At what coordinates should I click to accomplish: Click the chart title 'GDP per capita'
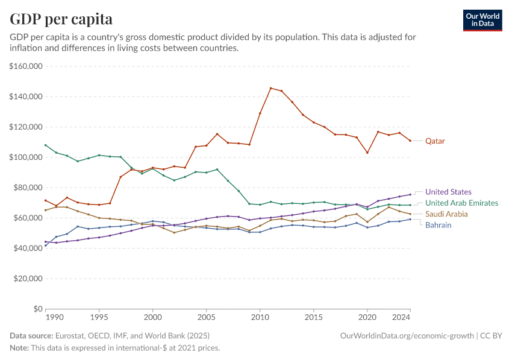pos(61,19)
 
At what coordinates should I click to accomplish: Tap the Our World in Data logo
pos(482,20)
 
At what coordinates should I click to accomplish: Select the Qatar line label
pos(435,141)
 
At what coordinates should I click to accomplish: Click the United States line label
pos(448,192)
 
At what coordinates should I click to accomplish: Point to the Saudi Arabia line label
pos(446,214)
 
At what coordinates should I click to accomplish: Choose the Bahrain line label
pos(438,225)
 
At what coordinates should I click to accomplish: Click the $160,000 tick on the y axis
pos(25,66)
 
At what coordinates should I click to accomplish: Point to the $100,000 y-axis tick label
pos(25,157)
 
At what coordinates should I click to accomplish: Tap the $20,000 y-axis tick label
pos(27,279)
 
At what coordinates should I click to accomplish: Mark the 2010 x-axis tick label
pos(260,317)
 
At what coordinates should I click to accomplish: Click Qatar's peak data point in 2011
pos(270,88)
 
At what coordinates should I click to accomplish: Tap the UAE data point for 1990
pos(46,145)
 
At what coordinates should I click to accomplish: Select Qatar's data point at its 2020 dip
pos(367,153)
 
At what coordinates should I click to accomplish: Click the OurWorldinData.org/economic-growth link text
pos(407,335)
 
